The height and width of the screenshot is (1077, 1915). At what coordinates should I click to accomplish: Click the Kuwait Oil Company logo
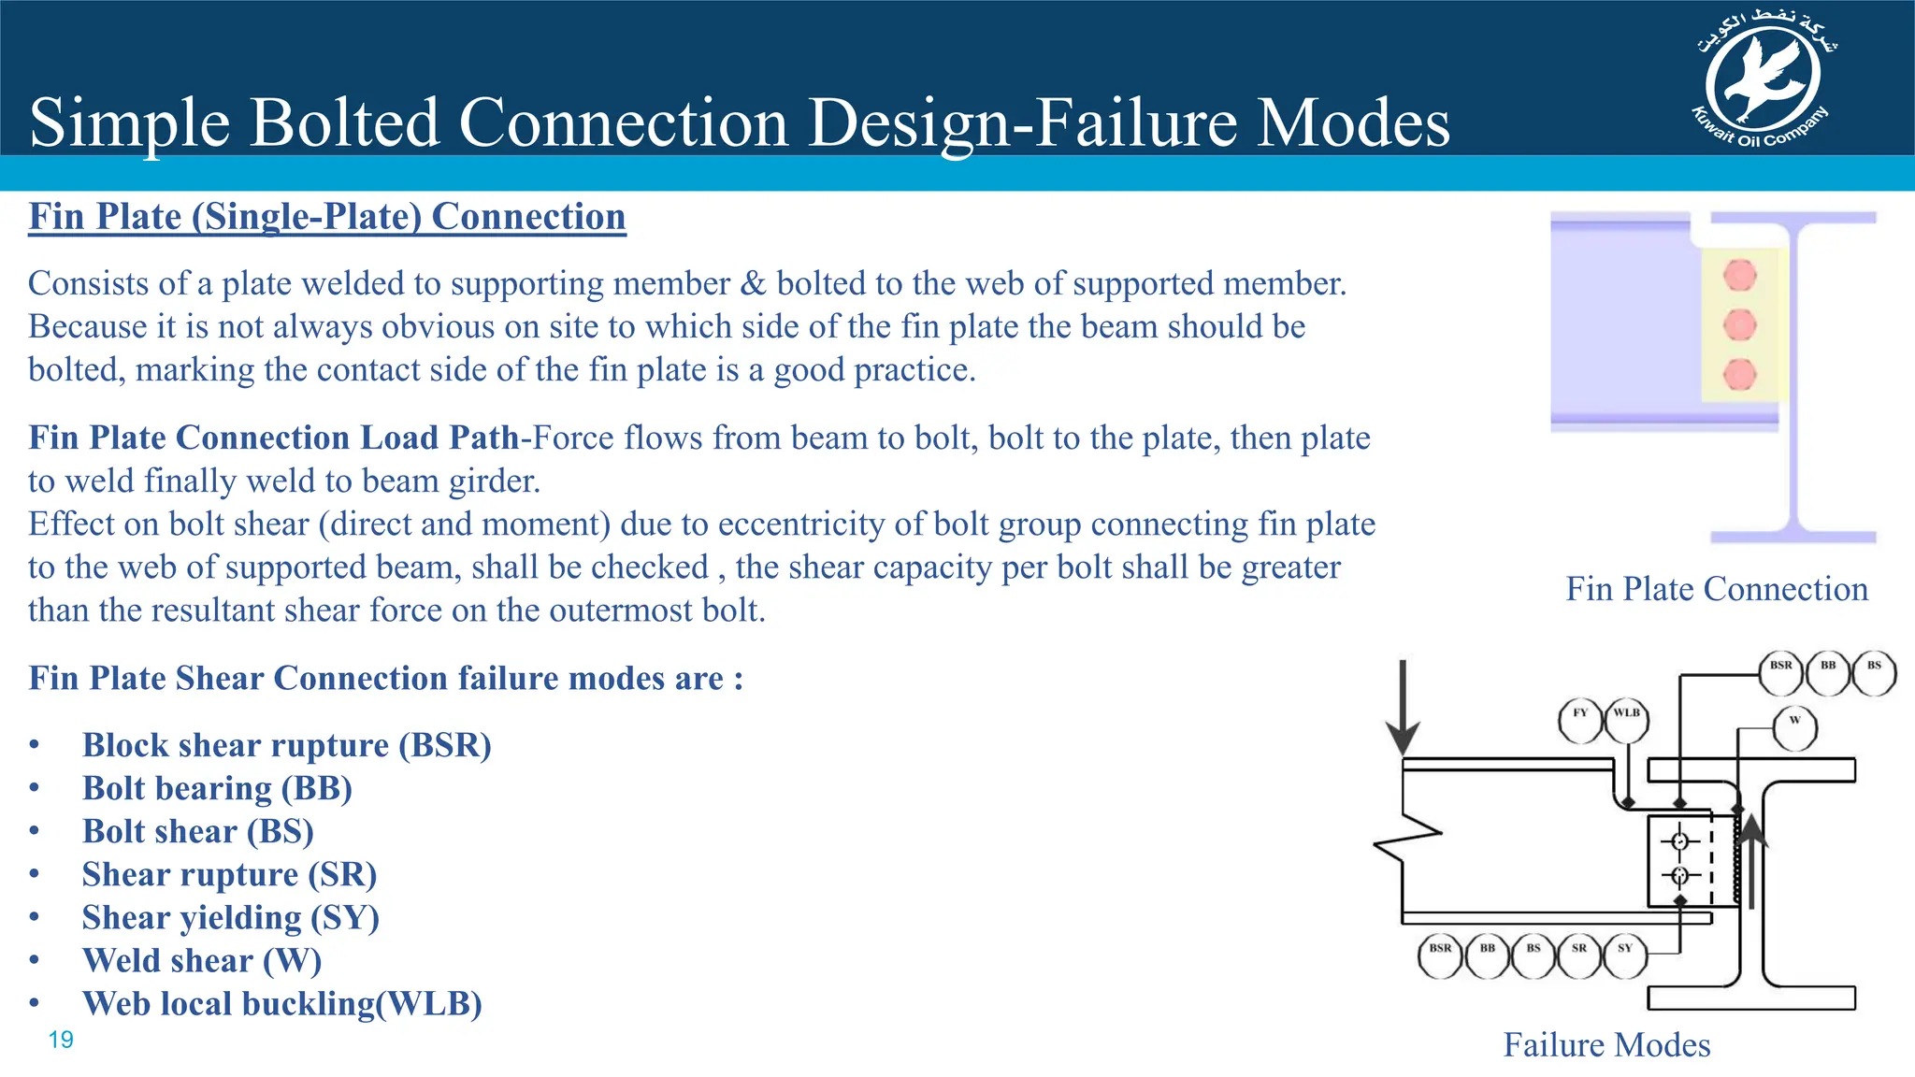tap(1763, 82)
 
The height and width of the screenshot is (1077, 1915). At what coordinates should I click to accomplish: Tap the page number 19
tap(61, 1040)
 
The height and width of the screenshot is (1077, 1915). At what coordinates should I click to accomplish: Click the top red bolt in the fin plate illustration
tap(1739, 276)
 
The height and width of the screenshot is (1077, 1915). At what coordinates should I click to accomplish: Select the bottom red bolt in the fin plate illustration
tap(1739, 374)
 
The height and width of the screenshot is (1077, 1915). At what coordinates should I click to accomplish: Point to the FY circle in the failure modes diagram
tap(1580, 721)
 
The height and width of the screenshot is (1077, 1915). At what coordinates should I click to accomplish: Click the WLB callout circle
tap(1626, 721)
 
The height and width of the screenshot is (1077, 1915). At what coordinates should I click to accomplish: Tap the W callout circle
tap(1794, 728)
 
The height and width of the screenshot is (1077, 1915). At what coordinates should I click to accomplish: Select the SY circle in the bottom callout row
tap(1625, 956)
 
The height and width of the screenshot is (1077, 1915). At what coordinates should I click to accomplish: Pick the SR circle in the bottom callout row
tap(1579, 956)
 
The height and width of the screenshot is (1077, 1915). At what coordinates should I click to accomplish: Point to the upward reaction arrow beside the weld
tap(1751, 860)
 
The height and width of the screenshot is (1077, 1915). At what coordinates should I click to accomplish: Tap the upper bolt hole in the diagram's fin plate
tap(1679, 841)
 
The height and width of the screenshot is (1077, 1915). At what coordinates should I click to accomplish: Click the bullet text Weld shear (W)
tap(201, 961)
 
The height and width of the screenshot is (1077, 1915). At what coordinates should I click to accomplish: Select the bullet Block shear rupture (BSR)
tap(286, 745)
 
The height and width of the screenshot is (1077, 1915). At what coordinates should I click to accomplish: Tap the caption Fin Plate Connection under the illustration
tap(1717, 589)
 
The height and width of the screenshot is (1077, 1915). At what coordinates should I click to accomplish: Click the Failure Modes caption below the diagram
tap(1606, 1044)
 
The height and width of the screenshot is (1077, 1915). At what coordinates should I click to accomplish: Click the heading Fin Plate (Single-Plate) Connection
tap(327, 217)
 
